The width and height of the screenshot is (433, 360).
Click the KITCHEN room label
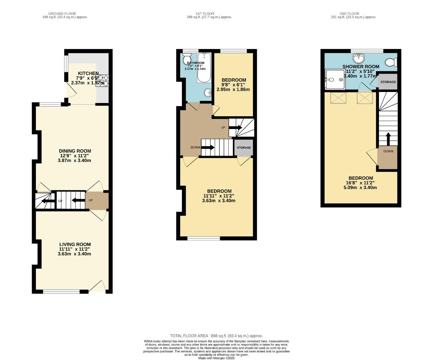(x=88, y=73)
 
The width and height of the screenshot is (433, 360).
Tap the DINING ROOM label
(x=75, y=151)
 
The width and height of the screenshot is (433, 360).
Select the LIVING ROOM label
(x=75, y=244)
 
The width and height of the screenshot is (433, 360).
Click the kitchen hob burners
(x=102, y=81)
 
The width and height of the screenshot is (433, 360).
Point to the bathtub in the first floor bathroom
(x=204, y=68)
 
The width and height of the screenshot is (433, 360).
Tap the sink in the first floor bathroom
(x=207, y=92)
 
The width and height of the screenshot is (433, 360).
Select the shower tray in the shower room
(x=335, y=80)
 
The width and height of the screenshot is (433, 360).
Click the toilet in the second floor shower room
(x=391, y=62)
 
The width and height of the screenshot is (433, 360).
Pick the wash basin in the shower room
(x=359, y=58)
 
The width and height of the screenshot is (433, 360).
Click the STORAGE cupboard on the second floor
(x=388, y=82)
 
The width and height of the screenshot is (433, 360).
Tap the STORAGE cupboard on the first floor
(x=244, y=148)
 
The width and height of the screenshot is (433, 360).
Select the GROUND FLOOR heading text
(x=62, y=14)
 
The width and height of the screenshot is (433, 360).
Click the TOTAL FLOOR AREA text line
(x=216, y=336)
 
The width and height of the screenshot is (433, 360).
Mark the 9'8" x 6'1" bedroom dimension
(x=234, y=85)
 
